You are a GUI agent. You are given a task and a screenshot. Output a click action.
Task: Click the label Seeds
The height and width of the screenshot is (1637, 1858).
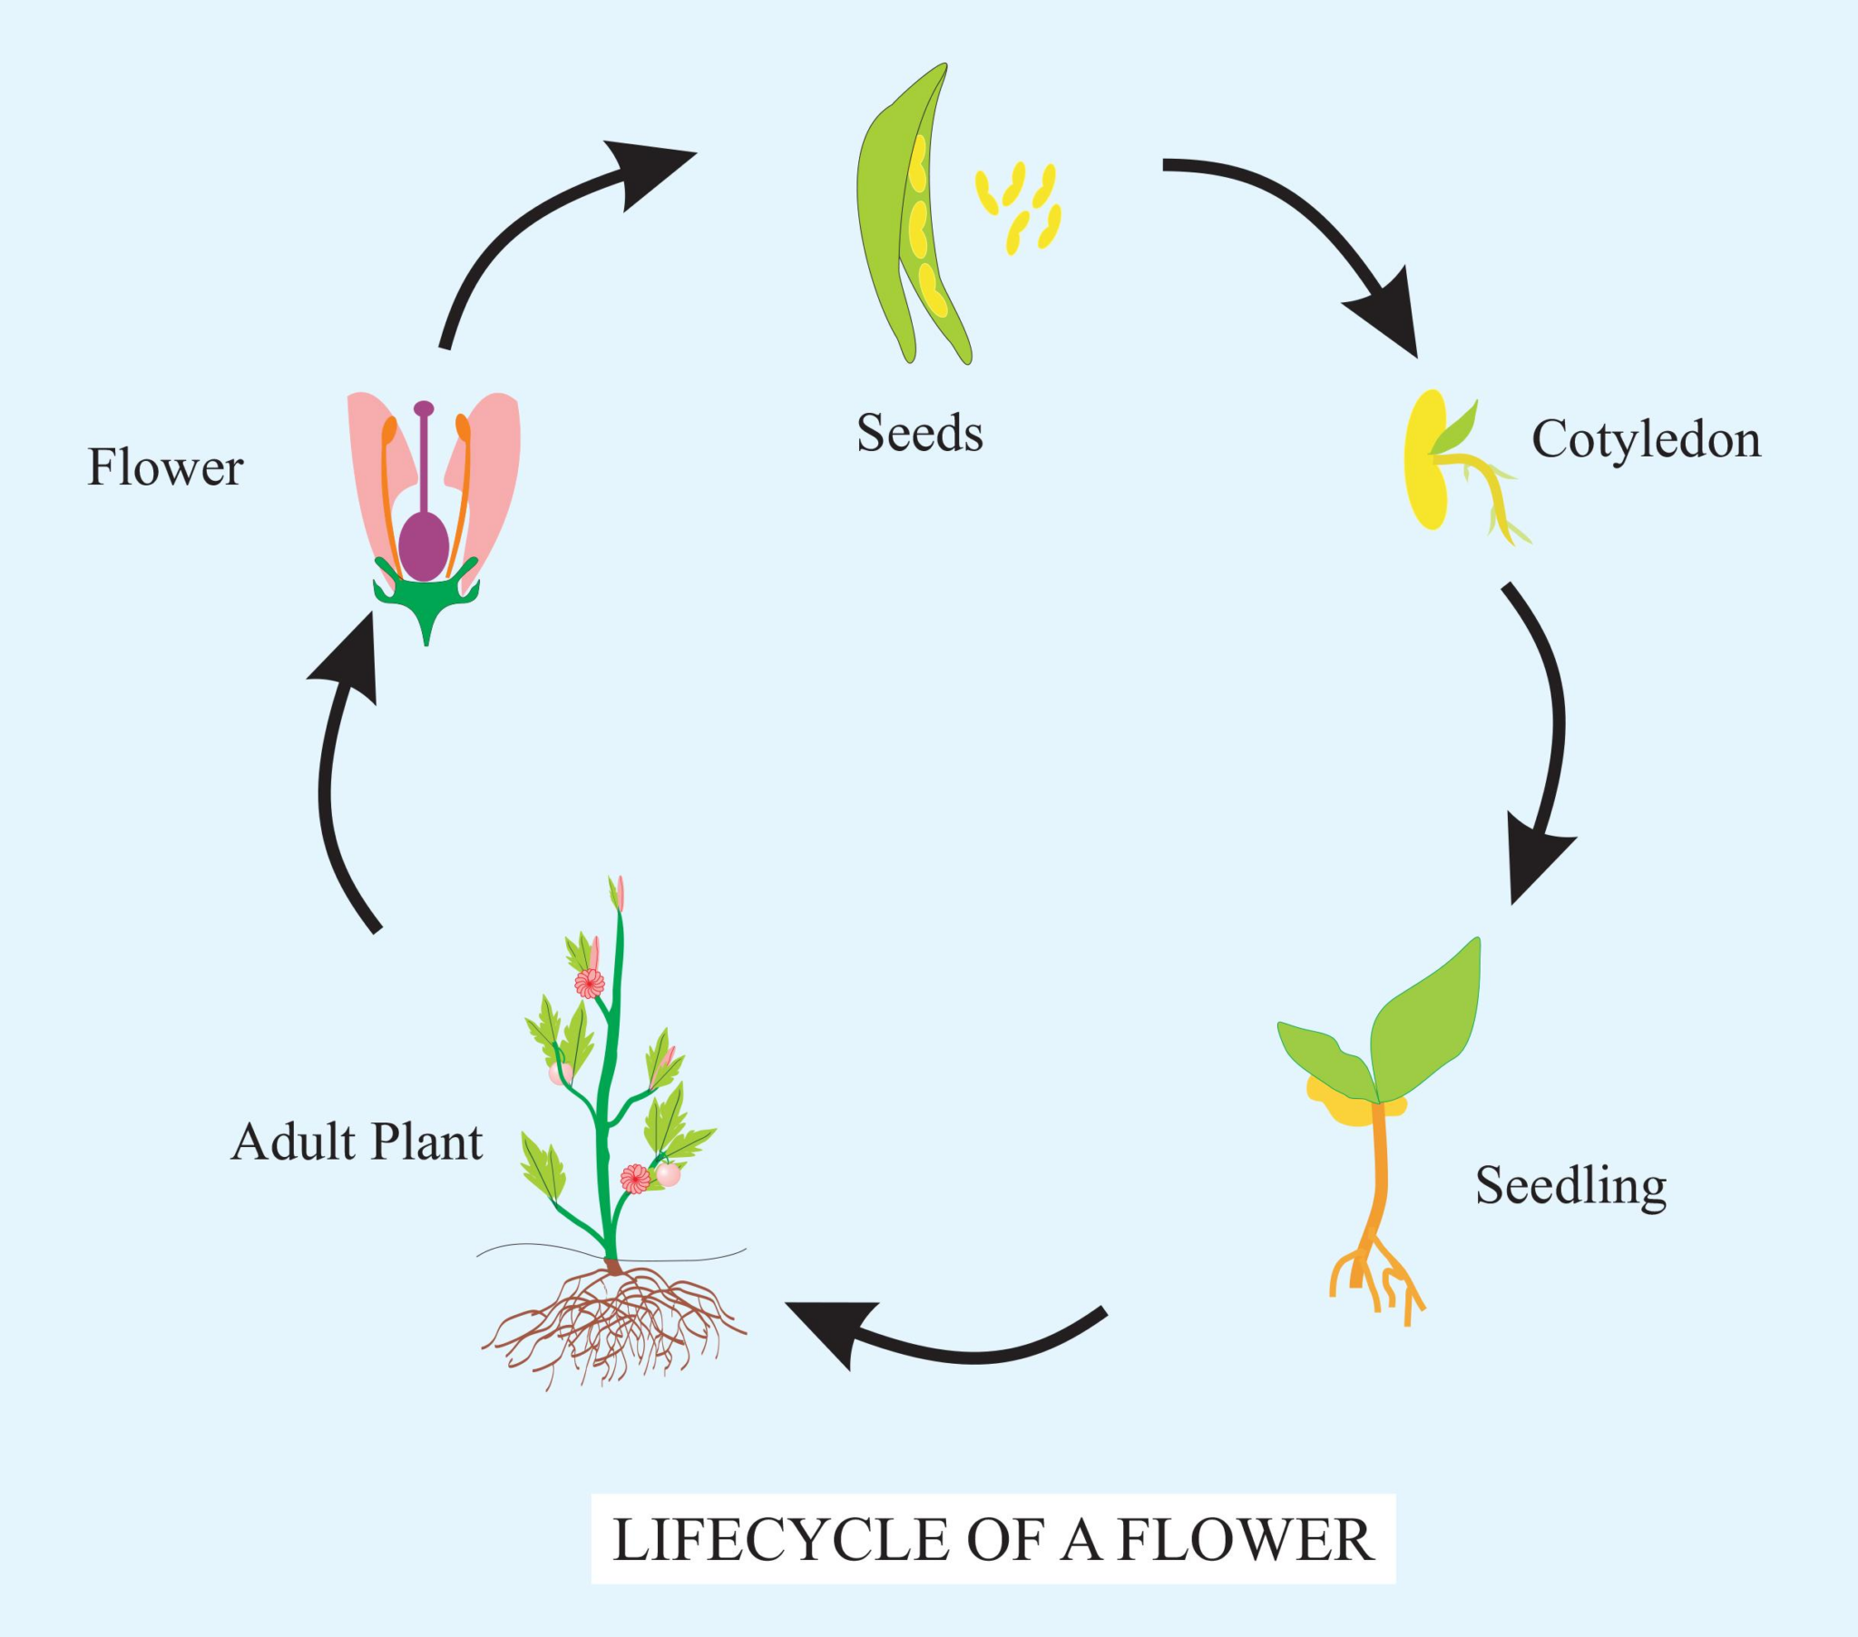pos(919,433)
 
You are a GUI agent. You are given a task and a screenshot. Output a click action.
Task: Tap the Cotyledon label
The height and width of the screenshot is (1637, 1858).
pos(1646,440)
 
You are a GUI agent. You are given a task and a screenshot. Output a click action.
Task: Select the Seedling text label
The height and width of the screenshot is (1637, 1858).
pos(1570,1186)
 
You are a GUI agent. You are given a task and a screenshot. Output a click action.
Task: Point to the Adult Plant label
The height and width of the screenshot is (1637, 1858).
pos(357,1142)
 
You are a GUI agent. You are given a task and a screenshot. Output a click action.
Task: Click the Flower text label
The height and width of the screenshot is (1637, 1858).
pos(164,468)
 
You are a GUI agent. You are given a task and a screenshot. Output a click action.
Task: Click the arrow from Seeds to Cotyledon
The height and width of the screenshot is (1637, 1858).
pos(1309,228)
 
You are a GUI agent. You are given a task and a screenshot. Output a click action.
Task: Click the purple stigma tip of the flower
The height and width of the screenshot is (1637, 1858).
pos(424,408)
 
